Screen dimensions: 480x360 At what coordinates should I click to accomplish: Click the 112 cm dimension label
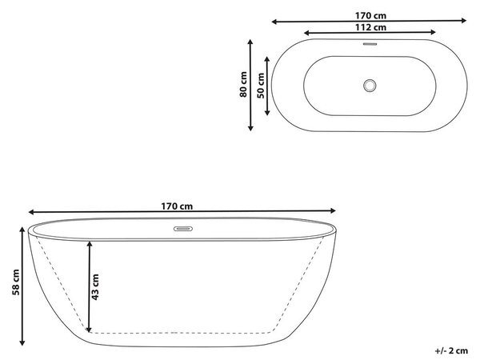point(370,27)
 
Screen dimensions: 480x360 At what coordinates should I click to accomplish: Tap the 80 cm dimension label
point(243,85)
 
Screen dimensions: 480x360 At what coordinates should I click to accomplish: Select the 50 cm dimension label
point(261,86)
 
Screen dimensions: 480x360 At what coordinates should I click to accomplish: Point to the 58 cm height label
point(16,282)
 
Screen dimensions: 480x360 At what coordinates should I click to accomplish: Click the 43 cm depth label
point(95,287)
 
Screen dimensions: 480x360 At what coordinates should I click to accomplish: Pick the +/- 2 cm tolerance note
point(451,351)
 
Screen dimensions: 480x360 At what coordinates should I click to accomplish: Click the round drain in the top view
point(370,86)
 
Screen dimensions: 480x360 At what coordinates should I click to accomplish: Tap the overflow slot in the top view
point(370,44)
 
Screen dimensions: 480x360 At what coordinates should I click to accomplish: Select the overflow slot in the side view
point(183,229)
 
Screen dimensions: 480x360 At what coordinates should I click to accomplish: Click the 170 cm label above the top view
point(370,16)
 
